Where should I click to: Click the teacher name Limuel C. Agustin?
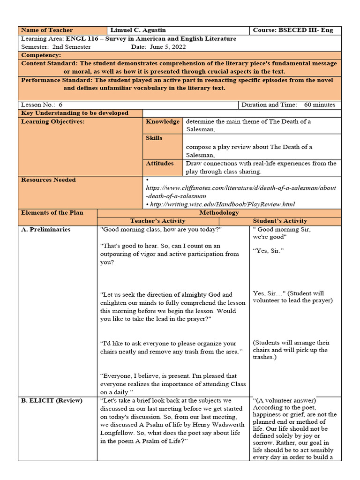click(138, 30)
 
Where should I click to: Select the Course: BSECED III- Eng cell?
click(293, 30)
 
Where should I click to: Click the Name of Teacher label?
click(47, 30)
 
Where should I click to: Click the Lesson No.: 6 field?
click(42, 105)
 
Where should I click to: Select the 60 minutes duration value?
click(320, 105)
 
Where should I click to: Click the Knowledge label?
click(163, 122)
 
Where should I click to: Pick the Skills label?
click(154, 138)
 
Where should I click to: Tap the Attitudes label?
click(160, 164)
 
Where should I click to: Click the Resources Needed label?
click(48, 180)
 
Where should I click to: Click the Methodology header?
click(219, 213)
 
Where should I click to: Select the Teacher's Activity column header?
click(157, 221)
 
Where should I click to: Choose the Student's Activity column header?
click(280, 221)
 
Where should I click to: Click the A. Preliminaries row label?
click(46, 230)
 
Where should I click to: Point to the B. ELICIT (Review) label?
click(52, 401)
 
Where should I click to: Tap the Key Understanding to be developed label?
click(75, 113)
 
